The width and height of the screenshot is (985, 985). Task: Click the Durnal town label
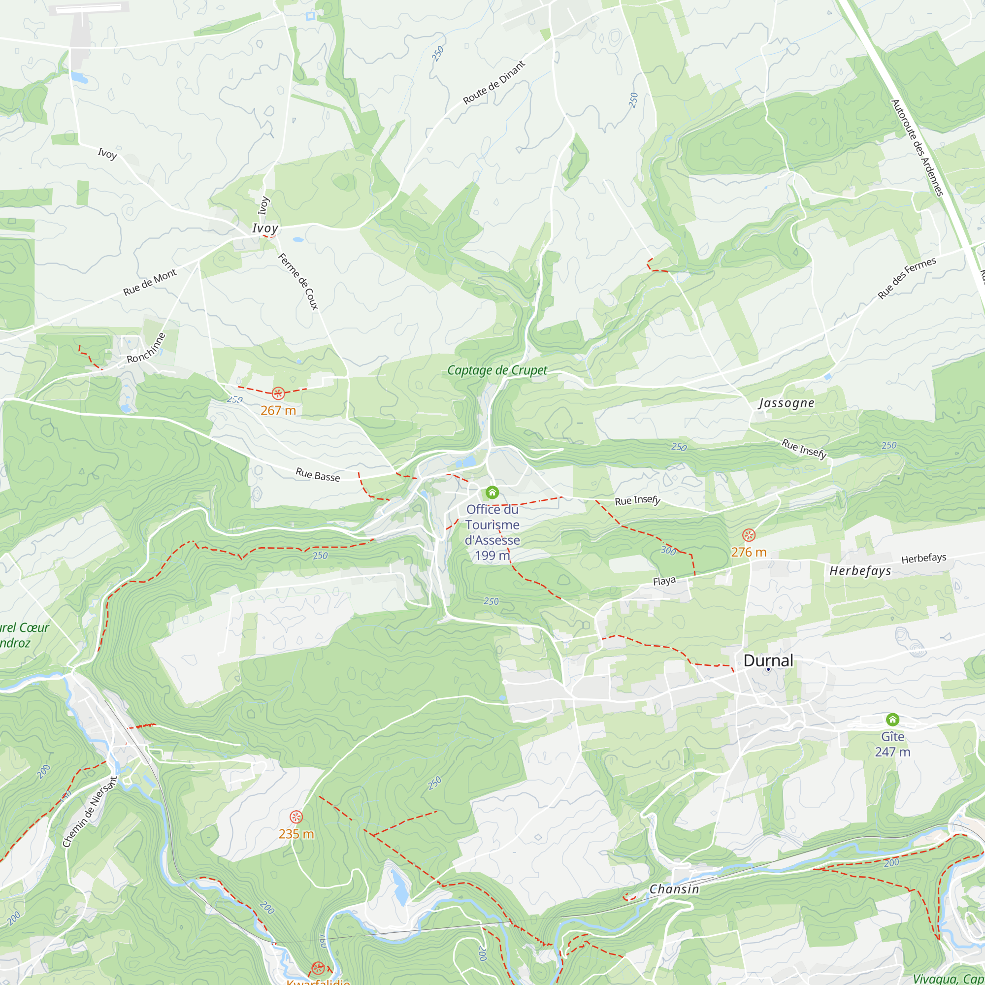pos(768,660)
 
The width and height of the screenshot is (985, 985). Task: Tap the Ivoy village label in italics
pos(265,228)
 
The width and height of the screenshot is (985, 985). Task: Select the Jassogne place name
pos(786,403)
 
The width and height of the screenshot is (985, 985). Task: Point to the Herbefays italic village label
pos(860,570)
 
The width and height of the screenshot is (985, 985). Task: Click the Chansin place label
pos(674,888)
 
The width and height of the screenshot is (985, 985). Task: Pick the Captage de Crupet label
pos(496,370)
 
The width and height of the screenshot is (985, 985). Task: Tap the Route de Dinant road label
pos(493,83)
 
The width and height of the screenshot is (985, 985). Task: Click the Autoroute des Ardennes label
pos(917,147)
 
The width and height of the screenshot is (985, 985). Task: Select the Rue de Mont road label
pos(150,282)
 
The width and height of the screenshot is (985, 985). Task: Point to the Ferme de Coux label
pos(298,281)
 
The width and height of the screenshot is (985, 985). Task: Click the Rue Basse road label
pos(318,475)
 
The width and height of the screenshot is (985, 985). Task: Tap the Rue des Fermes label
pos(907,278)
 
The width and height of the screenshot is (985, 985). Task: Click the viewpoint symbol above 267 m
pos(278,393)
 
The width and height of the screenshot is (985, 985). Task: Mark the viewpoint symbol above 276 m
pos(749,535)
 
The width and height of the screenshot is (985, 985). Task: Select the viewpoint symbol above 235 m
pos(295,817)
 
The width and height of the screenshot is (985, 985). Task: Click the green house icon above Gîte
pos(892,720)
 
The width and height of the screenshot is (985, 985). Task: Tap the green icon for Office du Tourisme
pos(492,492)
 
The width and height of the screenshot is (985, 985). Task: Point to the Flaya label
pos(664,581)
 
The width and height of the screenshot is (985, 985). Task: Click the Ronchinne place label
pos(146,348)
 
